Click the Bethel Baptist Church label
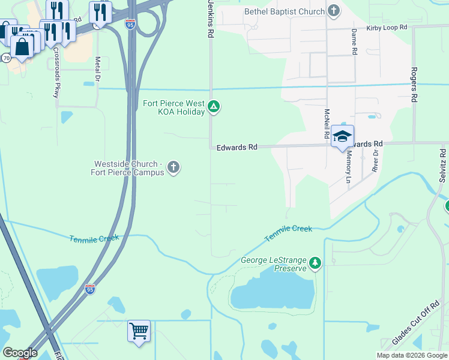coord(283,11)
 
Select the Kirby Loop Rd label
coord(387,28)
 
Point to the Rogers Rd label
coord(414,85)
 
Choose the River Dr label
coord(376,161)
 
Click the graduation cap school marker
coord(342,136)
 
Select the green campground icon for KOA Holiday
coord(213,107)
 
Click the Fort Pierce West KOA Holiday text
coord(173,107)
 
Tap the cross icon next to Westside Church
coord(173,167)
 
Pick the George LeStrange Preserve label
coord(274,264)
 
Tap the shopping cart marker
coord(139,331)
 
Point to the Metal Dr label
coord(97,70)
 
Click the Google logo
coord(20,353)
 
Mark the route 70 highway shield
coord(5,58)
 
